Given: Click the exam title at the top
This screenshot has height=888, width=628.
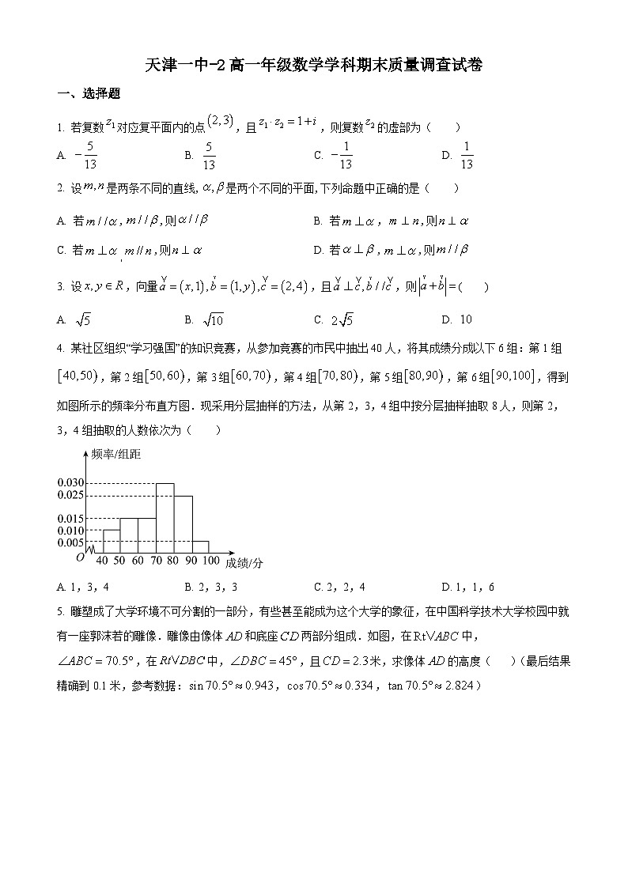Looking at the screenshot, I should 314,65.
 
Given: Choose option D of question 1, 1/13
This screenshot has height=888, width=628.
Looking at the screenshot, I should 460,156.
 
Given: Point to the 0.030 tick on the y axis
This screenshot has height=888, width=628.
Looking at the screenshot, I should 70,483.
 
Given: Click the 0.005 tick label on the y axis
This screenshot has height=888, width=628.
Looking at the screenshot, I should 70,542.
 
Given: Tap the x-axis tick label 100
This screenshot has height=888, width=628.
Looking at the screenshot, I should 210,561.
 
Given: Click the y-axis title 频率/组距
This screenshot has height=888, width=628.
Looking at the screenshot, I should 115,455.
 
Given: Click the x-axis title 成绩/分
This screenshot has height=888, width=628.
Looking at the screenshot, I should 244,562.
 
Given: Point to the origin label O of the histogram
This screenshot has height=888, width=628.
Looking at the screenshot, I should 80,557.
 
